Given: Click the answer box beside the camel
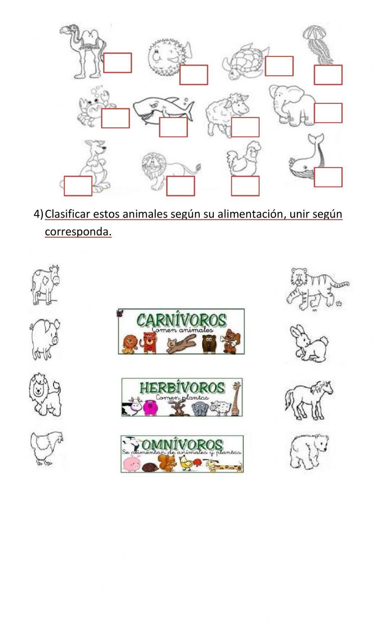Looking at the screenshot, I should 117,63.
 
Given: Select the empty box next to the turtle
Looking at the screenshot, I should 279,66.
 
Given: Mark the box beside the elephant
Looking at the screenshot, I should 328,113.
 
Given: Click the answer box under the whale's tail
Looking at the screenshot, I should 328,177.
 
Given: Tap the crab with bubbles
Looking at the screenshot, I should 94,105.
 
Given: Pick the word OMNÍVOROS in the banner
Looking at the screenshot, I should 182,444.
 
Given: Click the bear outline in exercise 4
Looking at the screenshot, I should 309,451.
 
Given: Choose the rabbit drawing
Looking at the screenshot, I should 308,343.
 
